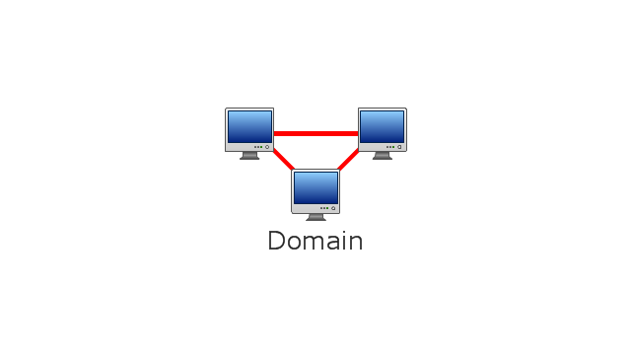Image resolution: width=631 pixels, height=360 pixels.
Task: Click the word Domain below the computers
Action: pos(315,241)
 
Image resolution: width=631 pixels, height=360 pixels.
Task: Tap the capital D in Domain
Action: pos(276,241)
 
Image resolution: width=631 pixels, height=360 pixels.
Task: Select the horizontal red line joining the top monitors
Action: pos(315,134)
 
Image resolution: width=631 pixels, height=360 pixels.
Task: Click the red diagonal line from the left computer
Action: pos(284,160)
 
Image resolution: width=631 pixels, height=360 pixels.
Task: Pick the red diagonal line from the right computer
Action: pos(348,160)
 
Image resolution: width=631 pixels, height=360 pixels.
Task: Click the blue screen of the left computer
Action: pos(249,127)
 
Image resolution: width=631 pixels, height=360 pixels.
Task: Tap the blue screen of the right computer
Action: pos(382,127)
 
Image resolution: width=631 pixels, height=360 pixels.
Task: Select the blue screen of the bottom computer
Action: pos(315,188)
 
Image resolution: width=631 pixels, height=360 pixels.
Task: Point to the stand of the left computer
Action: pos(249,156)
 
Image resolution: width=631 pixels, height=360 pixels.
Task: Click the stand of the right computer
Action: pos(383,156)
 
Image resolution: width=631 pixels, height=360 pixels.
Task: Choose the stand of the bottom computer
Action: pos(315,217)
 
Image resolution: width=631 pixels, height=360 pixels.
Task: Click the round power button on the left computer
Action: pos(267,147)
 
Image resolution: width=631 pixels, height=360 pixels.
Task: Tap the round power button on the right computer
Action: pos(399,147)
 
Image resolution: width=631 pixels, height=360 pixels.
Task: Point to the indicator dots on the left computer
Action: pos(258,147)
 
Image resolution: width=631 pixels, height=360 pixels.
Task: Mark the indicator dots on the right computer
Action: pos(390,147)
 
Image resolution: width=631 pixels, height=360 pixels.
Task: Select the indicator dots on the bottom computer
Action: pos(324,208)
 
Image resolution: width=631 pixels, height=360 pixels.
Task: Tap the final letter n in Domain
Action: pos(355,243)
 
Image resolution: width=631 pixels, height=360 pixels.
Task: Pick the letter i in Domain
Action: pos(343,241)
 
